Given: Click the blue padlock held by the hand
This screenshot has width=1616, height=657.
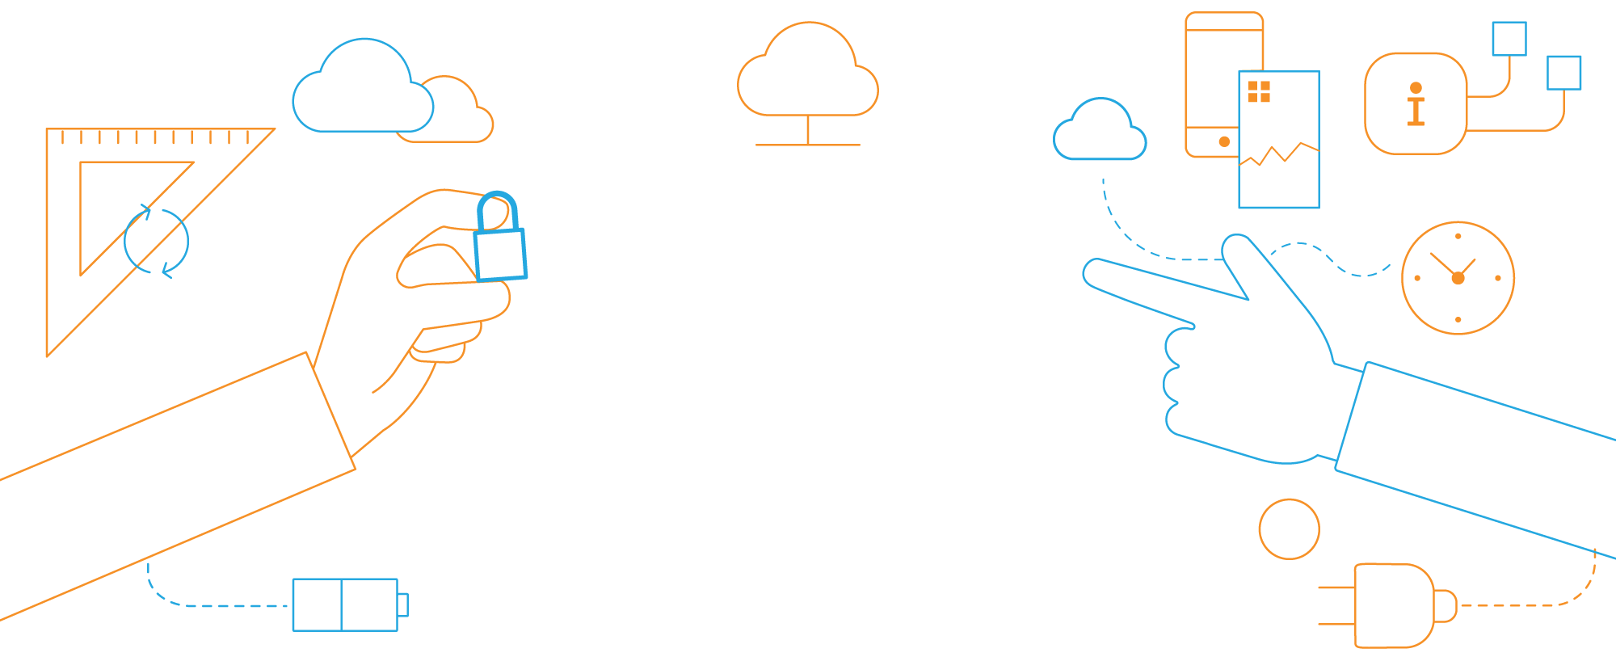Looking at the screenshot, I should point(500,255).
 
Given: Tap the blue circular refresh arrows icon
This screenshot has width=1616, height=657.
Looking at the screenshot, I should point(157,241).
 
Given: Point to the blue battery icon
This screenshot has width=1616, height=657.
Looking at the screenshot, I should point(345,604).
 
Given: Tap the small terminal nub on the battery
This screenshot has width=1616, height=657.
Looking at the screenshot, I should point(403,604).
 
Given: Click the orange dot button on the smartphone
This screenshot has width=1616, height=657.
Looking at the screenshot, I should point(1224,141).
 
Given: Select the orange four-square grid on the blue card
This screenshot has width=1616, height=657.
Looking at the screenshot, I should point(1259,92).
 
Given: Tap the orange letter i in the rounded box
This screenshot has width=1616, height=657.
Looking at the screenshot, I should point(1416,104).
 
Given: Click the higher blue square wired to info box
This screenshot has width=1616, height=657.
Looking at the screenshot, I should point(1509,39).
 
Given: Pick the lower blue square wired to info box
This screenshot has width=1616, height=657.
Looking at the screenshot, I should point(1563,73).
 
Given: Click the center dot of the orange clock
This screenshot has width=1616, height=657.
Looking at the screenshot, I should point(1458,278).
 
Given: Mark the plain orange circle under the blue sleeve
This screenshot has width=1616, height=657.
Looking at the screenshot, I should point(1289,529).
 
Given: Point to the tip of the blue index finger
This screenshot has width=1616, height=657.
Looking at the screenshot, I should point(1091,271).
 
